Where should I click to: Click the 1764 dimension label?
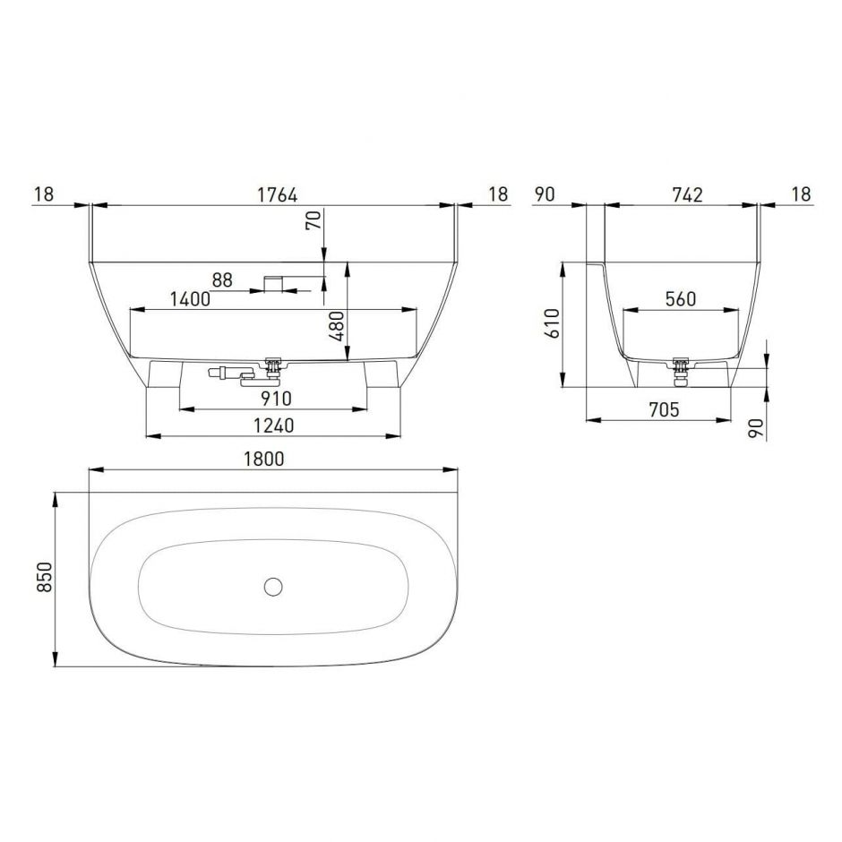tap(277, 194)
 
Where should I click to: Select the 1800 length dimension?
tap(263, 460)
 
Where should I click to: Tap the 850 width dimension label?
tap(45, 577)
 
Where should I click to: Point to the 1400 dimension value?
tap(190, 299)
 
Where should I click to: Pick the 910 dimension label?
tap(276, 399)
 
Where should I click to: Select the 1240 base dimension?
tap(274, 425)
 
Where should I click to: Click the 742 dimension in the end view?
tap(687, 194)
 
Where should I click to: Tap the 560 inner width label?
tap(681, 298)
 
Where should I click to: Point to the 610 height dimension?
tap(552, 323)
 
